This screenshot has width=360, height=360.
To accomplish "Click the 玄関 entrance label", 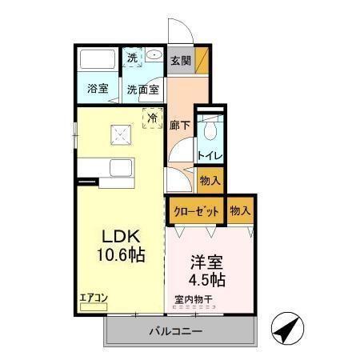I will tap(179, 59).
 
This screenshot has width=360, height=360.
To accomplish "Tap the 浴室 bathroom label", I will tap(98, 89).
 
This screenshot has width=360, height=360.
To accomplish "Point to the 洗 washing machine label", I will tap(134, 57).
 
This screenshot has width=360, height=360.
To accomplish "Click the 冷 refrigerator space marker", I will tap(152, 117).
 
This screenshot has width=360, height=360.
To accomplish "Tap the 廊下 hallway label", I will tap(178, 126).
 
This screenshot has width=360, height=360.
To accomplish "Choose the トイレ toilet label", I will tap(210, 155).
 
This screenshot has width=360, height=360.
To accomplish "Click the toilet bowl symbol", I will tap(210, 128).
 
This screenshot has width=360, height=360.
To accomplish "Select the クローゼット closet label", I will tap(194, 211).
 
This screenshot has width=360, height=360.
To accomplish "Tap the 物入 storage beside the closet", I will tap(240, 211).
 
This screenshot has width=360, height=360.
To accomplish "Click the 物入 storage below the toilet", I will tap(210, 182).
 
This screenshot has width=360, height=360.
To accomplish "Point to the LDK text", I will tap(121, 238).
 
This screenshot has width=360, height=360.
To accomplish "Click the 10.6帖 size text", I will tap(121, 258).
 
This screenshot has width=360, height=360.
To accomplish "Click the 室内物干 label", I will tap(194, 301).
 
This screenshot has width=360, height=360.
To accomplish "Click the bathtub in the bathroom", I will tap(98, 60).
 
